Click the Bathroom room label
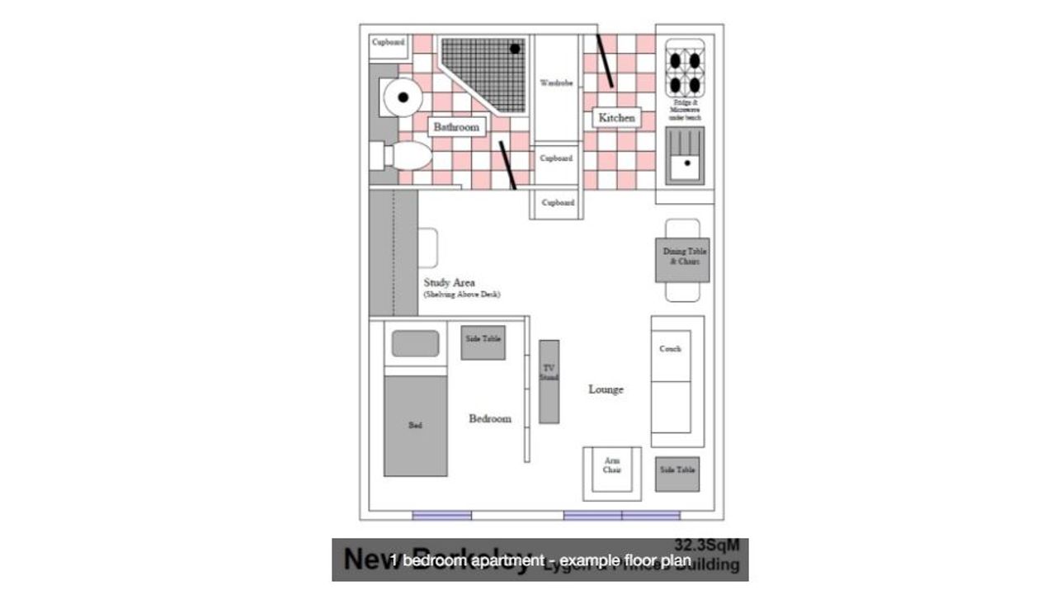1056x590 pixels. (456, 127)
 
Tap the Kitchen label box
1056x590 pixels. (616, 118)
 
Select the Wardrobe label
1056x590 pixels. (556, 83)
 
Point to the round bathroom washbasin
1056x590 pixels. (403, 97)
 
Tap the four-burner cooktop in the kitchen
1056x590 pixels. (685, 72)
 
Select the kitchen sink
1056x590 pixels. (685, 158)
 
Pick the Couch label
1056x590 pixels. (670, 349)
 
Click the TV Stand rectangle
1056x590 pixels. (549, 381)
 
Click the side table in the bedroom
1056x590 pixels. (483, 342)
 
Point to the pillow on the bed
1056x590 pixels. (415, 343)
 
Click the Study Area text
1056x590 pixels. (449, 283)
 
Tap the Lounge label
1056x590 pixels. (606, 389)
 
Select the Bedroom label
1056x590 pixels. (490, 418)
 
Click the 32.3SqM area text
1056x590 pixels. (707, 545)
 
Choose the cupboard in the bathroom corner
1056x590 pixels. (388, 42)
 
